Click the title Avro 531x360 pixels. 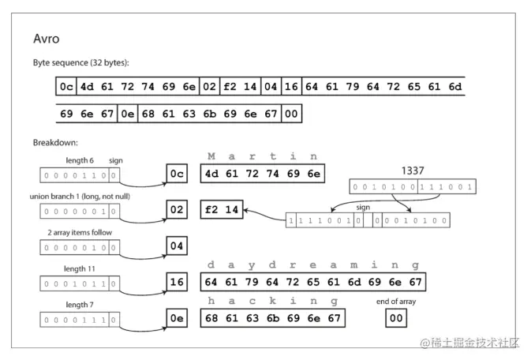(47, 39)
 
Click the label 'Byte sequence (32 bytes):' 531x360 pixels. (80, 62)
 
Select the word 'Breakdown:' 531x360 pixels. (55, 143)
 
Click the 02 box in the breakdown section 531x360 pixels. (177, 211)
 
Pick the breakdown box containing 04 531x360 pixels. (177, 246)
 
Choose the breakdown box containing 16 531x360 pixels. (177, 282)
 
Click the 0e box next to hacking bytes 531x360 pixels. (177, 318)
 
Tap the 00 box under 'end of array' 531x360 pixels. (396, 318)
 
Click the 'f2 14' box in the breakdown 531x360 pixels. (220, 211)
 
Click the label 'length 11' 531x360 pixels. (79, 268)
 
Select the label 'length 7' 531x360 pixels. (78, 305)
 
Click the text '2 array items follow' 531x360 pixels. (79, 233)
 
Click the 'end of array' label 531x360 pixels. (397, 302)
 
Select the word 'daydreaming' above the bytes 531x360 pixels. (313, 265)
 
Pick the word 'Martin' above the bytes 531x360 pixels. (263, 156)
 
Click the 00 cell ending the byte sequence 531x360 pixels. (292, 114)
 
